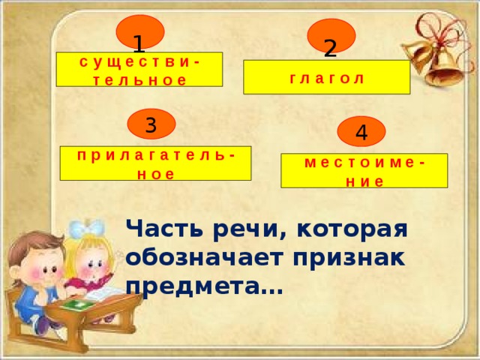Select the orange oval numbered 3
(x=151, y=124)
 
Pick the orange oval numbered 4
(x=361, y=132)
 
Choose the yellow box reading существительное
(x=142, y=70)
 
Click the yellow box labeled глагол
(x=326, y=77)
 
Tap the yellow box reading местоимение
(x=364, y=170)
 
